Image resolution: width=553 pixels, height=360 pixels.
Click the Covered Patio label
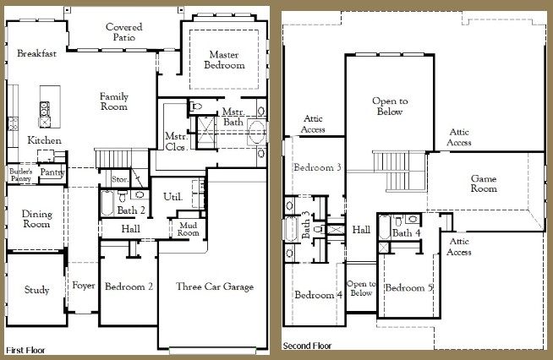pyautogui.click(x=123, y=33)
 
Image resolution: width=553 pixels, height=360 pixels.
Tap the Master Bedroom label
pyautogui.click(x=226, y=60)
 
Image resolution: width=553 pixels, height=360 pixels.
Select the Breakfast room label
pyautogui.click(x=36, y=54)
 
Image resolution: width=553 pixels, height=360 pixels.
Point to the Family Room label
pyautogui.click(x=113, y=101)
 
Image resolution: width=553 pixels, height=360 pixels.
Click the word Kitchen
pyautogui.click(x=44, y=139)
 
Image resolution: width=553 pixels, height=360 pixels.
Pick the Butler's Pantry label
pyautogui.click(x=20, y=174)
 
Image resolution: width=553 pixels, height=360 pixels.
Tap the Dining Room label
pyautogui.click(x=36, y=219)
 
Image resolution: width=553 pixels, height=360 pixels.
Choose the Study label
pyautogui.click(x=36, y=290)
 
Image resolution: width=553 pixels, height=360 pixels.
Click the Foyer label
pyautogui.click(x=83, y=286)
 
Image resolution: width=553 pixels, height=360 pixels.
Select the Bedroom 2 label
pyautogui.click(x=129, y=286)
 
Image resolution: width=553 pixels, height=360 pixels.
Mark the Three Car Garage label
pyautogui.click(x=215, y=286)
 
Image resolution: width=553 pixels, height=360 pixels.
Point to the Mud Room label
pyautogui.click(x=188, y=228)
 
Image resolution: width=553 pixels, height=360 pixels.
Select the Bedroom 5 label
pyautogui.click(x=409, y=288)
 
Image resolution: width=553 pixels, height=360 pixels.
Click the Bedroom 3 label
pyautogui.click(x=317, y=167)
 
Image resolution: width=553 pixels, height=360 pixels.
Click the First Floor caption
pyautogui.click(x=26, y=349)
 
